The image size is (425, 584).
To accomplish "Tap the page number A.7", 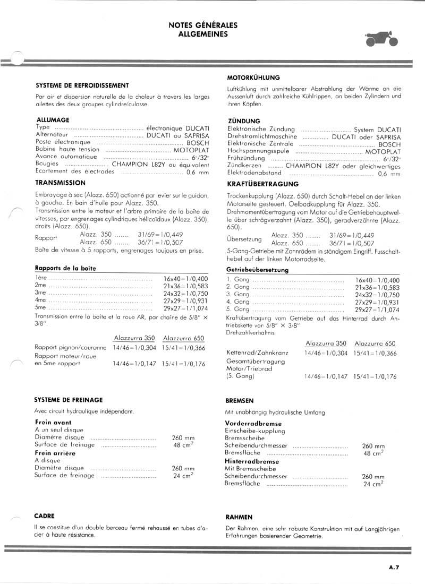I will [x=394, y=567].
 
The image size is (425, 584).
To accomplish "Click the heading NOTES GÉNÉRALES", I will [x=203, y=25].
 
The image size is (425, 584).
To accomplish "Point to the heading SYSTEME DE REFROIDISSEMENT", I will [x=82, y=85].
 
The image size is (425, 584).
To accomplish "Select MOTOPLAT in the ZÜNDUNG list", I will [x=382, y=151].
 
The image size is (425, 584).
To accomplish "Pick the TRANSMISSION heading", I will [x=60, y=183].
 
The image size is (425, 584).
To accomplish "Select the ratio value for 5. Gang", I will [x=377, y=309].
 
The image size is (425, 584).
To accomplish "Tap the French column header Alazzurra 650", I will [x=184, y=338].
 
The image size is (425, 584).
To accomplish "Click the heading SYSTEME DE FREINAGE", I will [x=69, y=399].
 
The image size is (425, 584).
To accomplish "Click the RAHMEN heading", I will [x=239, y=517].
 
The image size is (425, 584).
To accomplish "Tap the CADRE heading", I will [x=45, y=516].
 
